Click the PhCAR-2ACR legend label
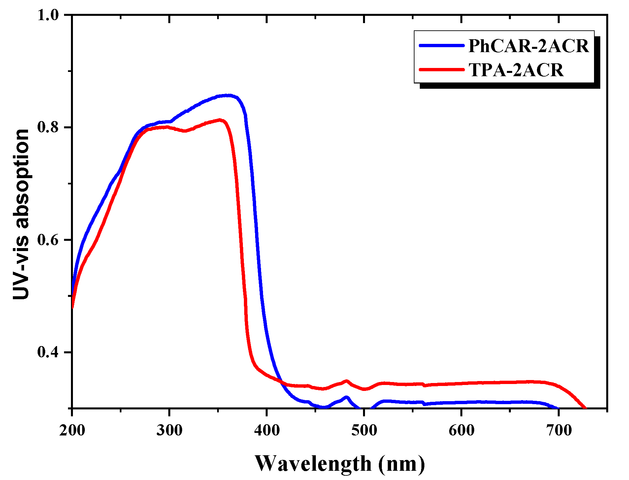point(528,46)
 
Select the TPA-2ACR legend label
point(516,70)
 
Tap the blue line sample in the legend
point(442,46)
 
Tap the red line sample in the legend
point(442,70)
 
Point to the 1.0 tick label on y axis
point(48,15)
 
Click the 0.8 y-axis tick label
point(48,127)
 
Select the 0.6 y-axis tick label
point(48,240)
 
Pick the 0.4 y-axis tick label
point(48,352)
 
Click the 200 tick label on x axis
point(72,431)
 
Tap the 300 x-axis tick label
point(169,431)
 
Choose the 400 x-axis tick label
point(267,431)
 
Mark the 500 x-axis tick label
point(364,431)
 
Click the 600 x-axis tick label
point(461,431)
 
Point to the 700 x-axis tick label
point(559,431)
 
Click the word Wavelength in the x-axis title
point(313,464)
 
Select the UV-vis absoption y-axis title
point(21,214)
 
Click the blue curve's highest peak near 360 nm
point(228,95)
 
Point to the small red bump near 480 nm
point(346,381)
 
